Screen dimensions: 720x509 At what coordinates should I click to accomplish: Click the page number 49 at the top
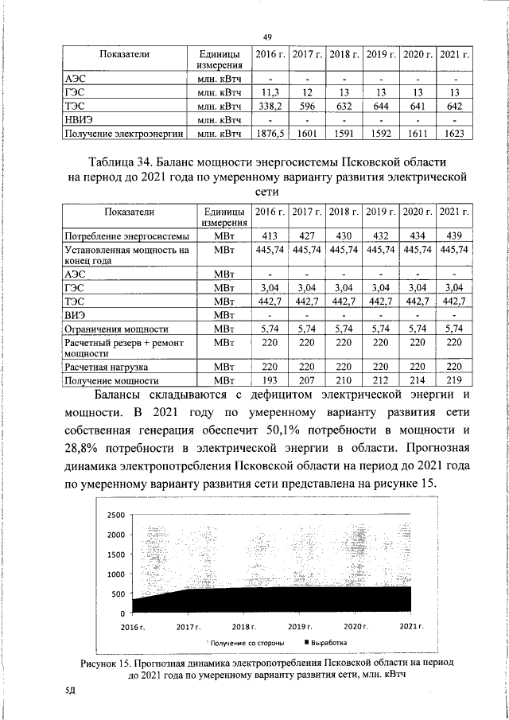(268, 35)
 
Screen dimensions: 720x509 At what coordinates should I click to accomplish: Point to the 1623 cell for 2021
(454, 134)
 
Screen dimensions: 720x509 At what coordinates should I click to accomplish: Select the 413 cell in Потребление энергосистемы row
(268, 237)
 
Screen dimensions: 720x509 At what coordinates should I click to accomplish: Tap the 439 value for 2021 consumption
(454, 237)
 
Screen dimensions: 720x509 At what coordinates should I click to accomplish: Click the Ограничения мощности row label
(115, 328)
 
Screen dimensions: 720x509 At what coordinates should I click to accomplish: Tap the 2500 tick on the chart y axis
(116, 516)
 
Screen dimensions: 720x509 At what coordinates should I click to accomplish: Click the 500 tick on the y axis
(119, 594)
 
